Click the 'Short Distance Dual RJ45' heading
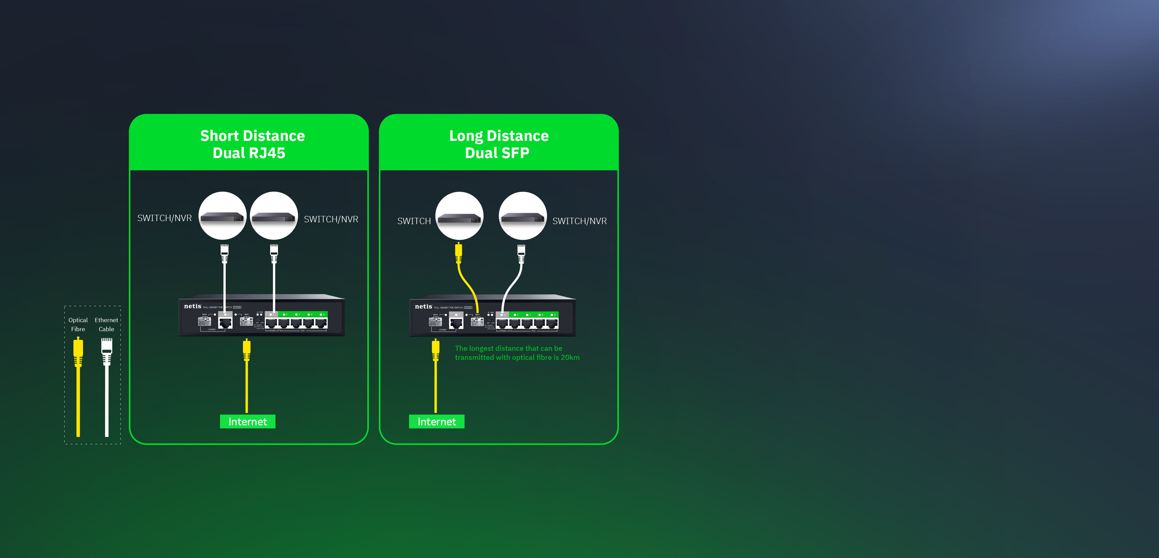[x=252, y=144]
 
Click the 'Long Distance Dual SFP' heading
[x=499, y=144]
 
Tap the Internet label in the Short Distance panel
[x=247, y=421]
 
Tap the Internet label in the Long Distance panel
[x=436, y=421]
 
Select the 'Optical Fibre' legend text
[x=78, y=324]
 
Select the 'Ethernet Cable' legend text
[x=106, y=324]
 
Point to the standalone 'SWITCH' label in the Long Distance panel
[x=414, y=221]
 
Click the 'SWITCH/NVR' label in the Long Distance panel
[x=579, y=221]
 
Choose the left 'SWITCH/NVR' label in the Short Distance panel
[x=164, y=218]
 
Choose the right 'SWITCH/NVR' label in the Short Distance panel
[x=331, y=219]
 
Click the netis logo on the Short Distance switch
[x=193, y=306]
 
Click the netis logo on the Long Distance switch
[x=423, y=306]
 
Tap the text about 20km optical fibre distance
[x=517, y=353]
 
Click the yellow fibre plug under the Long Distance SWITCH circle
[x=458, y=253]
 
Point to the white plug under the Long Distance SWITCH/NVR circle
[x=521, y=253]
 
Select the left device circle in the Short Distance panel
[x=222, y=216]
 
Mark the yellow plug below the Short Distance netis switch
[x=247, y=350]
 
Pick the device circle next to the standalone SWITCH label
[x=459, y=216]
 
